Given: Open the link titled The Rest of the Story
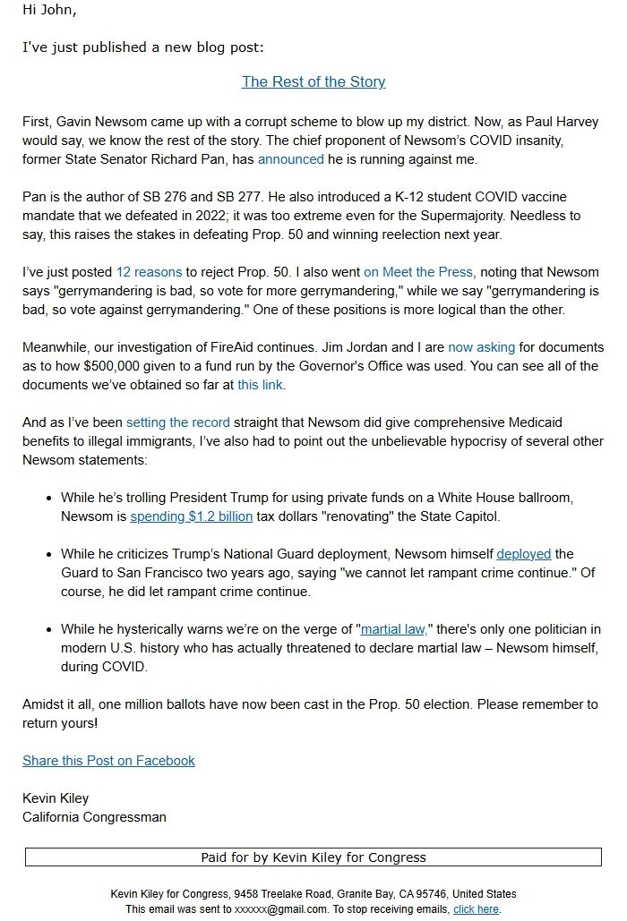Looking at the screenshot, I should pyautogui.click(x=313, y=81).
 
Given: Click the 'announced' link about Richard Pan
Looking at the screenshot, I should pyautogui.click(x=290, y=159).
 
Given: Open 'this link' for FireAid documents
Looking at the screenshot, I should pyautogui.click(x=260, y=385).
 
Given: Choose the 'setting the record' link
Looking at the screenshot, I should pyautogui.click(x=177, y=422).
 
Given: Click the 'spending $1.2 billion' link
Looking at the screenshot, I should pyautogui.click(x=191, y=516).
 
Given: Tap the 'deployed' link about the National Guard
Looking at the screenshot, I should pyautogui.click(x=524, y=554).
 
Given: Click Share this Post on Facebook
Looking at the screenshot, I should pyautogui.click(x=108, y=761).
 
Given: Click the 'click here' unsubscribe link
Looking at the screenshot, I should pyautogui.click(x=476, y=908).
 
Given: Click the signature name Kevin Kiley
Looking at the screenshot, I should pyautogui.click(x=56, y=797).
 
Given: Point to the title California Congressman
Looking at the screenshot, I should pyautogui.click(x=94, y=816).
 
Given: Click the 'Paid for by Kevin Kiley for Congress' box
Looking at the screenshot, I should pyautogui.click(x=313, y=857).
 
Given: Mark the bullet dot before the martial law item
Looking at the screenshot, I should pyautogui.click(x=48, y=630).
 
